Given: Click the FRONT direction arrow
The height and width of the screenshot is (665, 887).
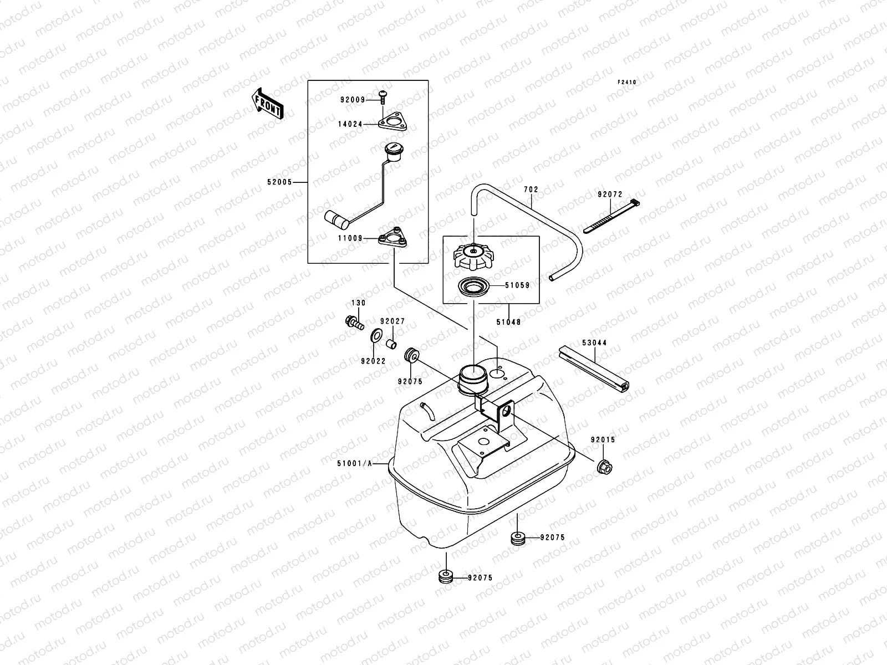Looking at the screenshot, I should click(268, 104).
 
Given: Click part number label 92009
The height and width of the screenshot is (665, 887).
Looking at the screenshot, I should click(353, 100).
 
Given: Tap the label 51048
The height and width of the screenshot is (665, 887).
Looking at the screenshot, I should click(508, 321).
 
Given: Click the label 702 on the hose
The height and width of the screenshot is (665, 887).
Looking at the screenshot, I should click(531, 190).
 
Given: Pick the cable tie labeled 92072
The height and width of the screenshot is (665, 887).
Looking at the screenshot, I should click(610, 217).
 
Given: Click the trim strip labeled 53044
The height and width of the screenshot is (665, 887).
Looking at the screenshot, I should click(595, 369).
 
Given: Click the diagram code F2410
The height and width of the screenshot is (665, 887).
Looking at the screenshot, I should click(628, 82).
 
